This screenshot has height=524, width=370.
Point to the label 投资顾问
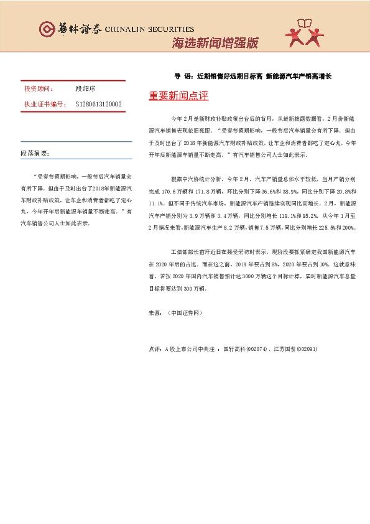(39, 89)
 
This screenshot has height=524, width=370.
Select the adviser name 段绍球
(85, 89)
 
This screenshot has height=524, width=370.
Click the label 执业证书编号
(44, 104)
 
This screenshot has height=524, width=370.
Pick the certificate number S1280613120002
(98, 104)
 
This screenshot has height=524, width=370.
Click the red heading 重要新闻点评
(178, 96)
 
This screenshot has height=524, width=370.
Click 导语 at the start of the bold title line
(183, 77)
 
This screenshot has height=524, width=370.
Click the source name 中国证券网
(185, 313)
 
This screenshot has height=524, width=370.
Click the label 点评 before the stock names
(155, 349)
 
